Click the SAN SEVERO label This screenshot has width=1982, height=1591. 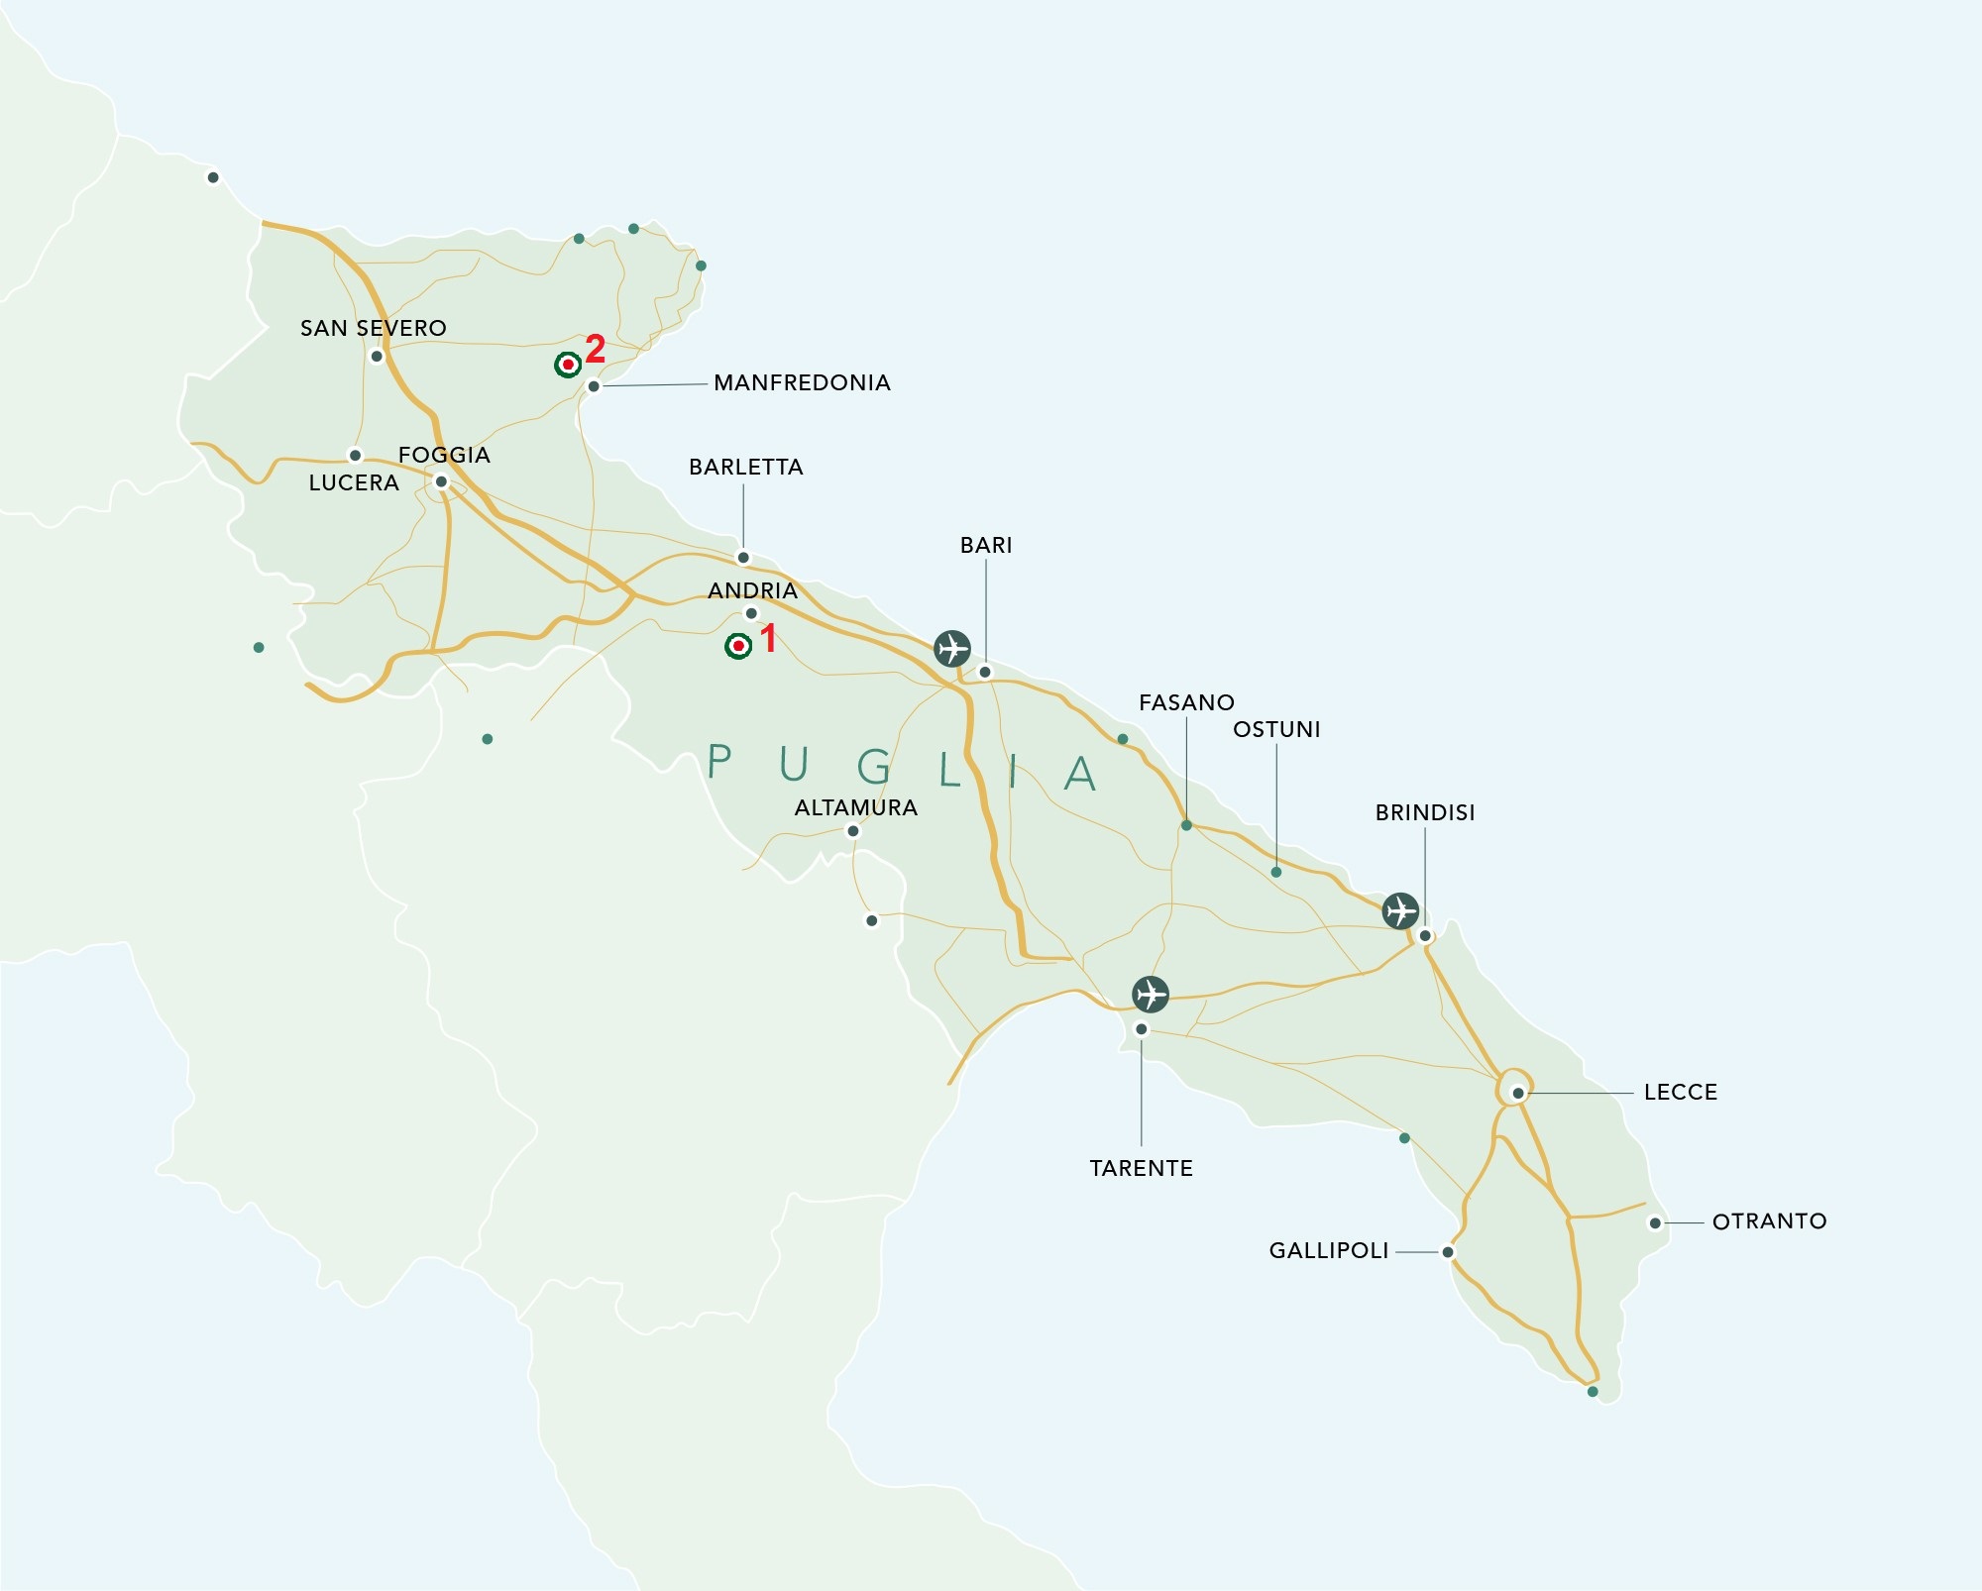(x=373, y=328)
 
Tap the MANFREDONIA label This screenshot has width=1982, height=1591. (x=802, y=382)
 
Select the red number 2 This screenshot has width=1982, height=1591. (x=595, y=349)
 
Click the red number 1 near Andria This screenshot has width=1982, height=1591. (x=768, y=638)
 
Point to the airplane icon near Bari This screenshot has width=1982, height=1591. (x=952, y=648)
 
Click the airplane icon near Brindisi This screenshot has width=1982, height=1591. (x=1400, y=909)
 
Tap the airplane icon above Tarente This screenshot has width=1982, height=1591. (x=1151, y=993)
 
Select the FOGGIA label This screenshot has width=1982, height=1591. (x=444, y=455)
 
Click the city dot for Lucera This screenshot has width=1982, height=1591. (x=355, y=456)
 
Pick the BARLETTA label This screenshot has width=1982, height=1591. (x=745, y=467)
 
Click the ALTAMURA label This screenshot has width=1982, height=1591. (x=855, y=807)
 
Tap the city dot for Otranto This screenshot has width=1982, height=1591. (x=1655, y=1223)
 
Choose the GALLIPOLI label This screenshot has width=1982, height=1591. (x=1328, y=1250)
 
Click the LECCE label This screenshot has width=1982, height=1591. (x=1680, y=1092)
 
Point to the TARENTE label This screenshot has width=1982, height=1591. (x=1141, y=1168)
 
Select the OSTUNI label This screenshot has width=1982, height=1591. (x=1276, y=729)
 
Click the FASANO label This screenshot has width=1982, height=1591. (x=1186, y=702)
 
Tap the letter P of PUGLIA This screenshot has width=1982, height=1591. (x=719, y=762)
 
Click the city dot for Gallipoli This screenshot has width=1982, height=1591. (x=1448, y=1252)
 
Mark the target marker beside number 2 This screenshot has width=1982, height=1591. (x=568, y=365)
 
